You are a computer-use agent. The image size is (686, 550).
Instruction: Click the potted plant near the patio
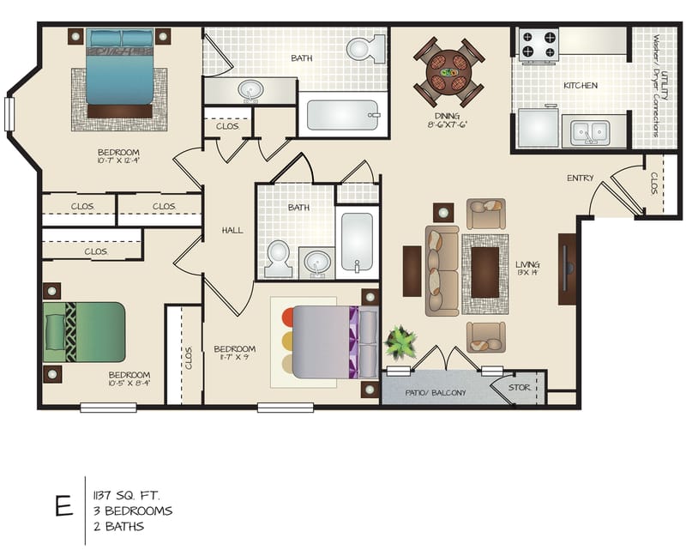point(400,344)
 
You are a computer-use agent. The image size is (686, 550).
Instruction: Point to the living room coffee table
point(484,274)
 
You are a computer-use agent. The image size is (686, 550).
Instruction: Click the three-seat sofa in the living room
point(442,269)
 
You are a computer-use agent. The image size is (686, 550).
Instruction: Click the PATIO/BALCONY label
point(436,393)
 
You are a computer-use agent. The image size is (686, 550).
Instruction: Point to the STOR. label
point(520,388)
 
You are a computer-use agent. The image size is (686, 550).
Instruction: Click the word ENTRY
point(580,178)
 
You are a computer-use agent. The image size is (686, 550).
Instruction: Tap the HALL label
point(232,230)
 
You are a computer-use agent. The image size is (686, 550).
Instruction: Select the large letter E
point(63,506)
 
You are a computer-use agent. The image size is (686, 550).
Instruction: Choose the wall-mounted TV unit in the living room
point(567,269)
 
